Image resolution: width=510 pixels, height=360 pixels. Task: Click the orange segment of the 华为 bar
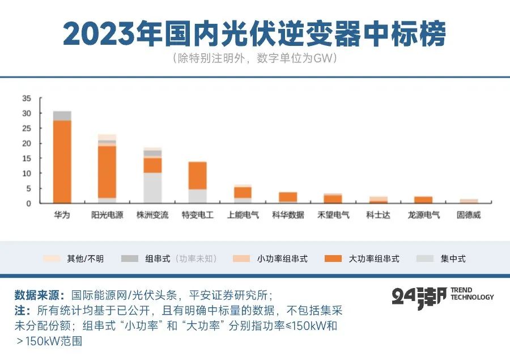[62, 162]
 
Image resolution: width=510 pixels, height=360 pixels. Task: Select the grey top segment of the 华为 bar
[62, 116]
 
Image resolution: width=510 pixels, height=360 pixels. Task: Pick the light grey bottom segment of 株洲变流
[152, 188]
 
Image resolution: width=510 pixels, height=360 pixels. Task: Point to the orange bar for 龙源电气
[423, 200]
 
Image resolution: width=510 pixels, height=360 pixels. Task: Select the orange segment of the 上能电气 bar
[243, 192]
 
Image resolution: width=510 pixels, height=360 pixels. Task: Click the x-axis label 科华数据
[288, 215]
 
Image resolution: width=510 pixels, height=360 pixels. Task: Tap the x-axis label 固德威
[469, 215]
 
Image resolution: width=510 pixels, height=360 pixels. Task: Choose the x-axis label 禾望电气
[333, 215]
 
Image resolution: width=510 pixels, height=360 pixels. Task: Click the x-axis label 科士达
[379, 215]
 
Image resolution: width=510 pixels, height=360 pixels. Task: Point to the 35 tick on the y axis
[27, 98]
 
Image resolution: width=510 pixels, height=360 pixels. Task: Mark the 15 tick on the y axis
[27, 158]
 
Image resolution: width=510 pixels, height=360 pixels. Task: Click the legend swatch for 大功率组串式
[333, 259]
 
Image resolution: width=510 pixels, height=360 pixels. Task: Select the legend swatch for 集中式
[425, 259]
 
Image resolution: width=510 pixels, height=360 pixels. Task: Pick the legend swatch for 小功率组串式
[241, 259]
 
